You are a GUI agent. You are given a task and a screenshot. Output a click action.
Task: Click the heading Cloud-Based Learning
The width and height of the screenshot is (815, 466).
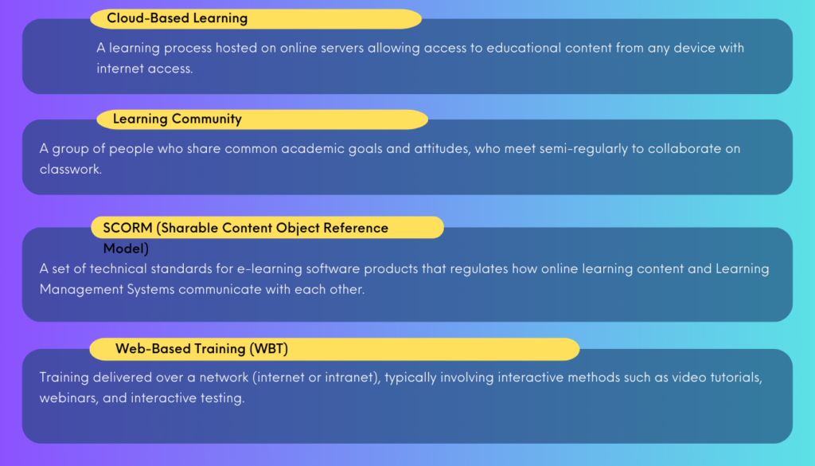tap(177, 18)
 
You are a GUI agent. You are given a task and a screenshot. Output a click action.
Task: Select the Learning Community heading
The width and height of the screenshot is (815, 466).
tap(177, 119)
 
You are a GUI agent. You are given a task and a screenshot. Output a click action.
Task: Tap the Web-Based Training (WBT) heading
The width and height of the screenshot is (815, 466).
tap(201, 348)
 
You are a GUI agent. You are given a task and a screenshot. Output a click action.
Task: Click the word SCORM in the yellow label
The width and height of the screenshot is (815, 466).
tap(127, 228)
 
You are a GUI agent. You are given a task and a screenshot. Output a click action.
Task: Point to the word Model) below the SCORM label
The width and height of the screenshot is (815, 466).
tap(126, 249)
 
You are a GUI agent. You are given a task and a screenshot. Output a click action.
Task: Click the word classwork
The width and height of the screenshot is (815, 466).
tap(70, 169)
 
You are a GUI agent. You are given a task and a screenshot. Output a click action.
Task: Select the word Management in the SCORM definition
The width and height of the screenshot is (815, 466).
tap(81, 290)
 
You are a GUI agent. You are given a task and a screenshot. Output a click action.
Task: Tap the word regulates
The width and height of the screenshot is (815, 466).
tap(478, 269)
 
